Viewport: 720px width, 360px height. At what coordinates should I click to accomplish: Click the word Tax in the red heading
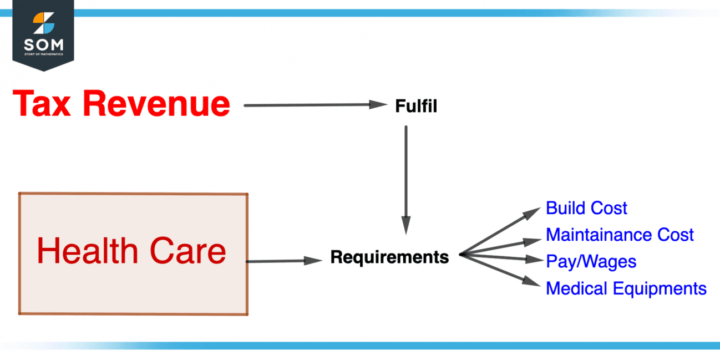[44, 104]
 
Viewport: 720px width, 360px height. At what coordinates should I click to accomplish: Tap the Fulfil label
[416, 107]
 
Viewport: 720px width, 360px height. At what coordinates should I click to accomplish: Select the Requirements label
[389, 257]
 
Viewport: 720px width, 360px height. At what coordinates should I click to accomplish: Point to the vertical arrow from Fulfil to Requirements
[406, 178]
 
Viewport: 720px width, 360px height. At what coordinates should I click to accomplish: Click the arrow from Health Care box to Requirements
[283, 261]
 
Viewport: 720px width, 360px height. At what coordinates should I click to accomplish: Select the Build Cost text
[586, 208]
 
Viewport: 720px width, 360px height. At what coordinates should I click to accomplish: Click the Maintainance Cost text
[620, 235]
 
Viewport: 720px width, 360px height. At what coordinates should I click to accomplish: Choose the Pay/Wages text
[591, 261]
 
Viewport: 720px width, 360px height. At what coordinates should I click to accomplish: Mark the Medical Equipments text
[626, 288]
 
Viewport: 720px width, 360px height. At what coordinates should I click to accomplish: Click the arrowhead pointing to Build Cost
[534, 211]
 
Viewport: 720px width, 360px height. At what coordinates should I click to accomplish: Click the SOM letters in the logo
[43, 44]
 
